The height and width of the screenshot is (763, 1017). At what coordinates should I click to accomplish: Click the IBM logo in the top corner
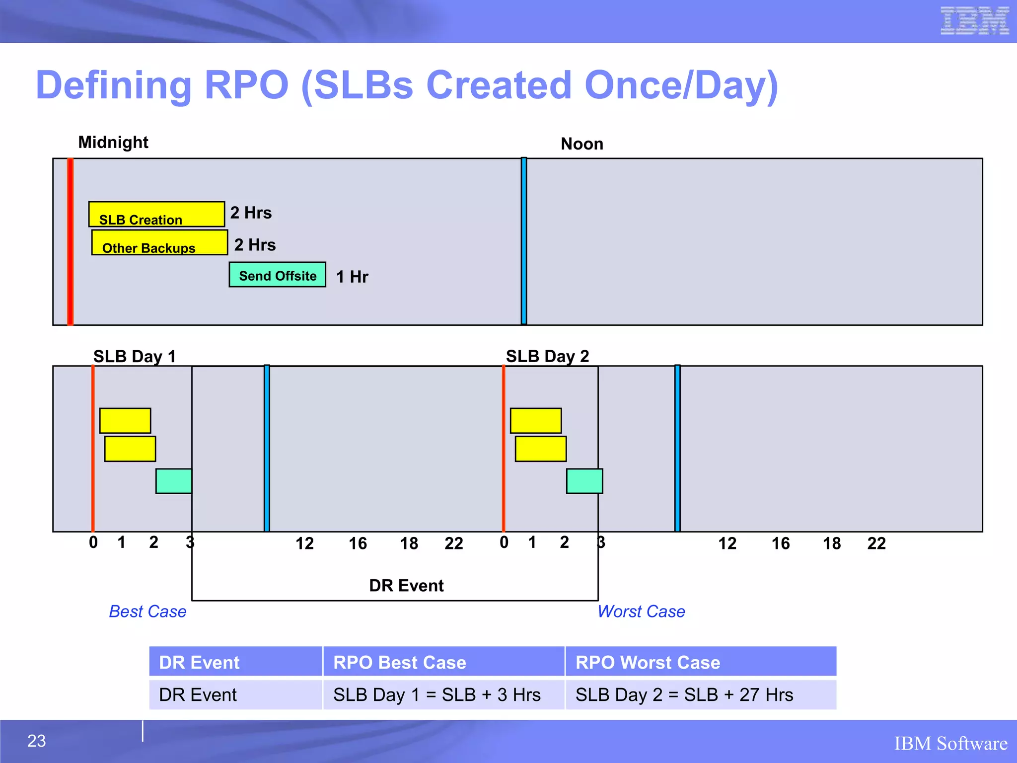(x=974, y=21)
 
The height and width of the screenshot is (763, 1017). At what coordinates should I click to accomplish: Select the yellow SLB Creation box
(x=156, y=214)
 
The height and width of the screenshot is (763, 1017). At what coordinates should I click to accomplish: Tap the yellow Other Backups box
(x=159, y=242)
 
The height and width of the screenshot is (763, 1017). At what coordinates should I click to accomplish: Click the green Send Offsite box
(x=277, y=275)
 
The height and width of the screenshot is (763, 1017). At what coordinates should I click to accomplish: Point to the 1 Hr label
(x=352, y=277)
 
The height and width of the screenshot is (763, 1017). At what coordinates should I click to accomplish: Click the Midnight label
(x=113, y=143)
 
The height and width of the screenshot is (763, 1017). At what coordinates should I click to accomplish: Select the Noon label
(x=581, y=144)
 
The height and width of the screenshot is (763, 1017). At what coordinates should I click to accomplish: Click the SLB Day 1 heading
(x=135, y=356)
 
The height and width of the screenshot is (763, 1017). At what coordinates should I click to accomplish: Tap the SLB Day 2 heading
(x=547, y=356)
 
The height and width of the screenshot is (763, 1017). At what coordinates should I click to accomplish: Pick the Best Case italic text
(x=147, y=611)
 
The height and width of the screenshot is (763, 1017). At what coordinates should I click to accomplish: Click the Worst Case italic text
(x=641, y=611)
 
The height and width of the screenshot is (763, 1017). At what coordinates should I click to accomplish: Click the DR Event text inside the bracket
(x=406, y=586)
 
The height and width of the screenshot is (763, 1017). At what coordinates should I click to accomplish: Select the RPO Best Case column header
(x=399, y=663)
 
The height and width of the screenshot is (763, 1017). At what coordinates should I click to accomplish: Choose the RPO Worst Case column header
(x=648, y=663)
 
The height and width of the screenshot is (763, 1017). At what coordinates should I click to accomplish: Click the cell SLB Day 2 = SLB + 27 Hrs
(x=684, y=694)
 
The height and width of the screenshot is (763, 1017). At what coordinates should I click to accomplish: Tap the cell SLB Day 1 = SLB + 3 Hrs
(x=436, y=694)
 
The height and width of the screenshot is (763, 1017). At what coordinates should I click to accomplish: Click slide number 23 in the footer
(x=36, y=741)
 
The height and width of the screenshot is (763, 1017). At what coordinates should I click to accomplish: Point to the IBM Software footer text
(x=950, y=744)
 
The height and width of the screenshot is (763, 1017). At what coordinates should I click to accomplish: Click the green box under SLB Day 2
(x=584, y=481)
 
